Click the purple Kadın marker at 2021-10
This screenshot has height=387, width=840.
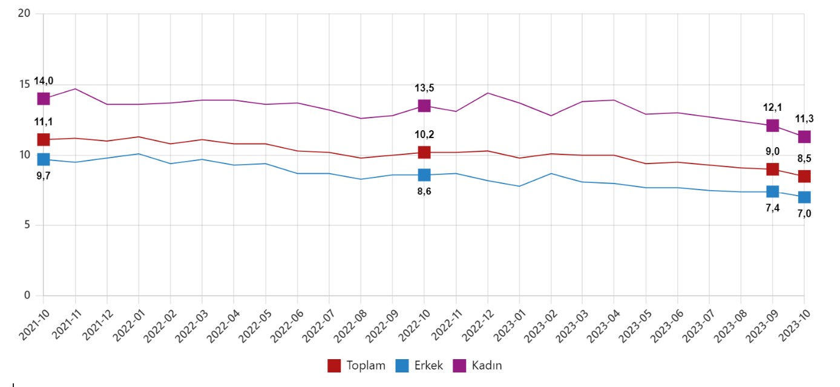point(43,99)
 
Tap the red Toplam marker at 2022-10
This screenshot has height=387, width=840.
point(424,152)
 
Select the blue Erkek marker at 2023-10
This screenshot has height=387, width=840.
point(804,197)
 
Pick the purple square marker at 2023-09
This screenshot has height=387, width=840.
point(772,125)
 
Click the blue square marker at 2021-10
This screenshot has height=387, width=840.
point(43,159)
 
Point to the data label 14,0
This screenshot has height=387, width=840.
point(43,81)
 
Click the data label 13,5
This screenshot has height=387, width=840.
point(424,88)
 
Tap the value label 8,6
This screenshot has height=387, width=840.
point(424,191)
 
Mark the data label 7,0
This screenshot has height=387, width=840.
point(804,213)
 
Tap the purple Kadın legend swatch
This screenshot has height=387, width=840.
point(460,365)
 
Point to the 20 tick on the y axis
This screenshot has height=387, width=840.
point(25,13)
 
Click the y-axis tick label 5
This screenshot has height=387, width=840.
point(27,225)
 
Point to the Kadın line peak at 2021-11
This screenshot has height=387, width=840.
point(75,88)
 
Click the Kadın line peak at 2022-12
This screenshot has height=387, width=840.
point(487,93)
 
